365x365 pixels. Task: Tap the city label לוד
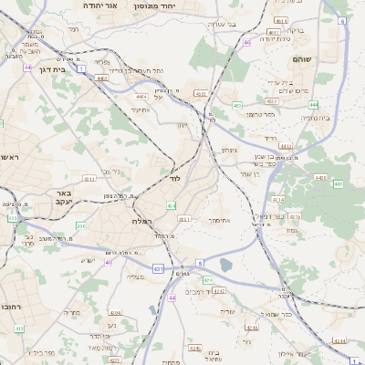[175, 178]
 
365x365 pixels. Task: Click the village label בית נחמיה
[317, 117]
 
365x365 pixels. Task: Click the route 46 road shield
[247, 42]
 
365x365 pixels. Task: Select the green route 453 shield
[237, 106]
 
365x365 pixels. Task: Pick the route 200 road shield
[80, 225]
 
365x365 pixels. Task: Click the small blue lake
[225, 265]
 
